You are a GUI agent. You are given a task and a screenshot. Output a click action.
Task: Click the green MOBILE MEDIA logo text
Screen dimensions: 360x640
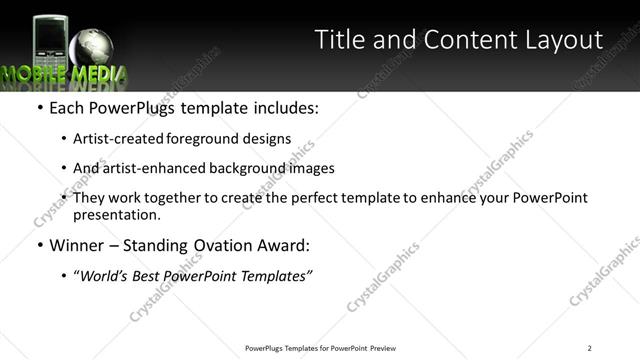pyautogui.click(x=63, y=74)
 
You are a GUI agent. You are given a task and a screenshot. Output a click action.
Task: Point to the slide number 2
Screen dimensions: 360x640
pyautogui.click(x=590, y=347)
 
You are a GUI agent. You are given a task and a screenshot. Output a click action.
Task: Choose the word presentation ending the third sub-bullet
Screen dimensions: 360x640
pyautogui.click(x=116, y=214)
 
